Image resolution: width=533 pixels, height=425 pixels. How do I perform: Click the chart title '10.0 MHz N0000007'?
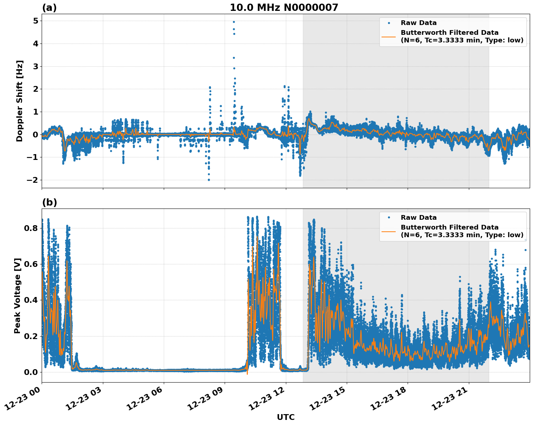[x=284, y=8]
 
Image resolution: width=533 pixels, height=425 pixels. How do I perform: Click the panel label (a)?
[x=49, y=8]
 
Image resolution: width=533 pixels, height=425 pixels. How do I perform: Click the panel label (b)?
[x=49, y=202]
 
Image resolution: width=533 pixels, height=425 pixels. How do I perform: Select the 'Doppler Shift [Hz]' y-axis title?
[x=20, y=101]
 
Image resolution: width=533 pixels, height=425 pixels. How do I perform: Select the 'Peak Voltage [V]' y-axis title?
[x=17, y=296]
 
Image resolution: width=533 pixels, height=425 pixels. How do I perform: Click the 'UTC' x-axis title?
[x=286, y=417]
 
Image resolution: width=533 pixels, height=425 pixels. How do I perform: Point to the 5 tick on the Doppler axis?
[x=35, y=21]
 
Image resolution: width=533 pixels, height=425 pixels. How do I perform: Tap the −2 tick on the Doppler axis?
[x=32, y=180]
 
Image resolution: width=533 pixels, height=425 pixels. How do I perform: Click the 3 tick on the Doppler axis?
[x=35, y=66]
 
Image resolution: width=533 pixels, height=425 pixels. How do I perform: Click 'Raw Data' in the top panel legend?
[x=419, y=23]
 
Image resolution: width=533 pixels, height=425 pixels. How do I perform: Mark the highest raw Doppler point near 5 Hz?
[x=234, y=22]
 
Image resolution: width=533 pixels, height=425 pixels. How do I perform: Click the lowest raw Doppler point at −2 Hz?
[x=209, y=180]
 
